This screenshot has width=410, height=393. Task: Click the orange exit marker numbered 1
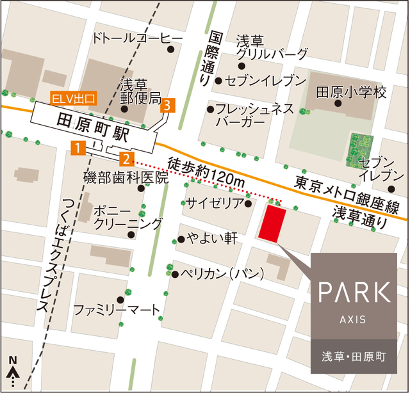(78, 148)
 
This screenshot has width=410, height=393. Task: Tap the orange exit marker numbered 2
(127, 158)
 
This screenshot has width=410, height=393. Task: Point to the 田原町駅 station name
(93, 120)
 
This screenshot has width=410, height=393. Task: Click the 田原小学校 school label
(352, 93)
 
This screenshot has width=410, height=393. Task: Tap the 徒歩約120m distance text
(207, 171)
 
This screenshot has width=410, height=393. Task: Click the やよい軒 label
(213, 239)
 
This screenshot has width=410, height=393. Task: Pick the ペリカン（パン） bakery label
(223, 274)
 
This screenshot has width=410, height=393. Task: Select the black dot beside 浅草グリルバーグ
(242, 66)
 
